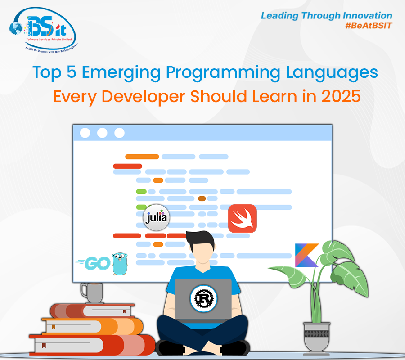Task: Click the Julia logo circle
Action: coord(156,218)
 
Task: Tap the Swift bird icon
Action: coord(242,219)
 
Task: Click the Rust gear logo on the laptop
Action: coord(203,297)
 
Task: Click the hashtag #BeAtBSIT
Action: coord(367,26)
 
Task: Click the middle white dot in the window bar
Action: coord(102,133)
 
